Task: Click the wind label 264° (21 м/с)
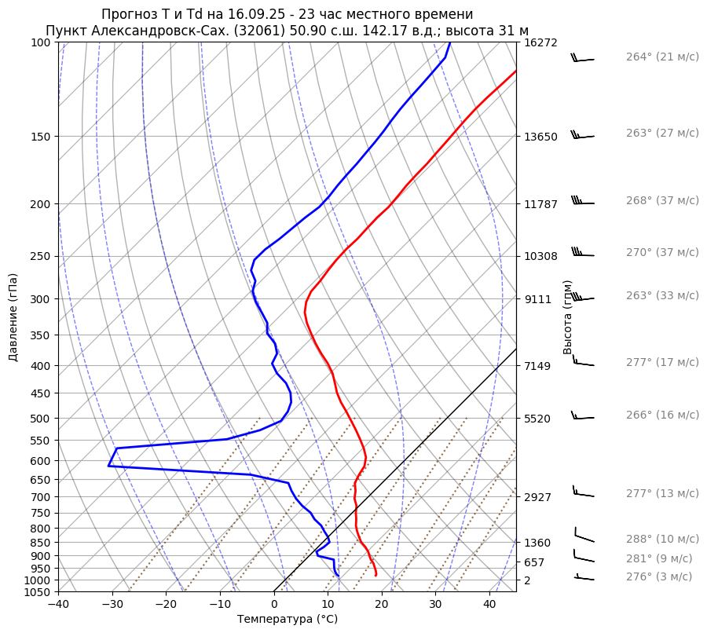click(x=662, y=57)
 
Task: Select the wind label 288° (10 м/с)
click(x=662, y=540)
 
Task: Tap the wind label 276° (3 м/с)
click(x=659, y=576)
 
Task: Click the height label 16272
click(x=540, y=42)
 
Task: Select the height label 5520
click(x=537, y=419)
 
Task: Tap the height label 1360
click(x=537, y=543)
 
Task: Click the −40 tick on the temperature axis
click(x=58, y=605)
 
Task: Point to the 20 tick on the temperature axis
click(x=382, y=605)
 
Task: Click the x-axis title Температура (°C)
click(x=288, y=620)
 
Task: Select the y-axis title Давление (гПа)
click(x=13, y=317)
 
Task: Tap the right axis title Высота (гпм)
click(x=568, y=317)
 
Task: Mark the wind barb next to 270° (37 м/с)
click(x=582, y=254)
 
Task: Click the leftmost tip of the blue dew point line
click(x=108, y=466)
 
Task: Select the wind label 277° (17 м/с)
click(x=662, y=362)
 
